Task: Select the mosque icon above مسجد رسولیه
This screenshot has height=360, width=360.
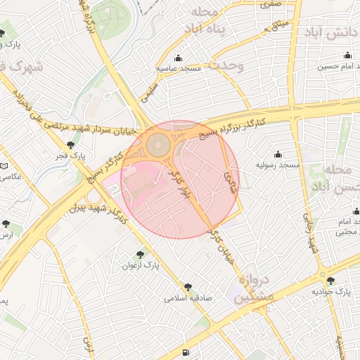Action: point(278,154)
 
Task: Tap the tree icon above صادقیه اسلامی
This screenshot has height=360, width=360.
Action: point(188,287)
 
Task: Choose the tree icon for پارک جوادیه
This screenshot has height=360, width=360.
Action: point(330,280)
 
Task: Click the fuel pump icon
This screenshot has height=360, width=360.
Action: point(185,353)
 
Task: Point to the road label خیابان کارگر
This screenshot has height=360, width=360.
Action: point(223,246)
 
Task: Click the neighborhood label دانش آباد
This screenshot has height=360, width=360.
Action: point(330,33)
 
